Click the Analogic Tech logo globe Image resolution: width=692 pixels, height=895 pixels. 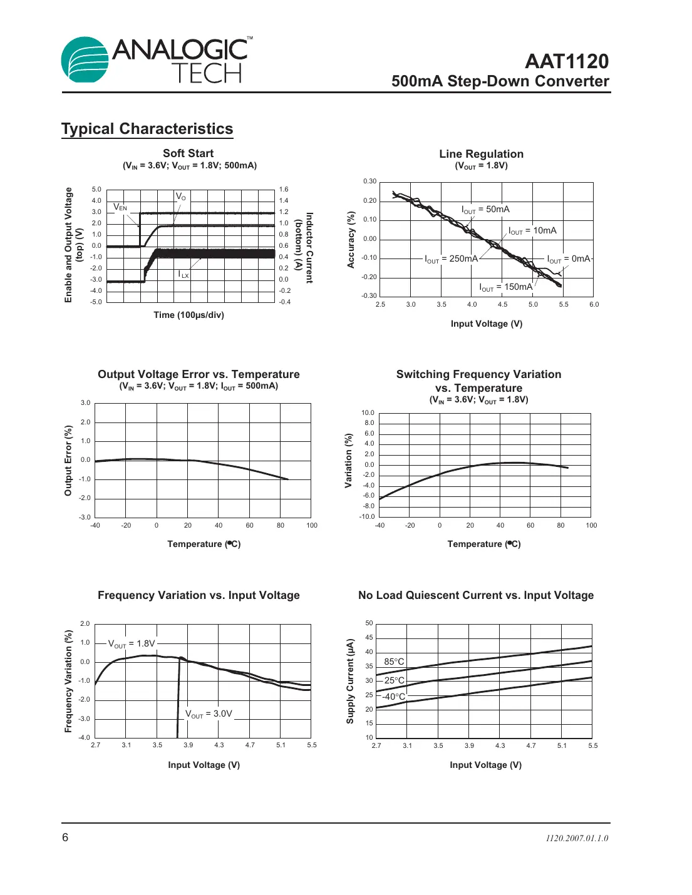85,59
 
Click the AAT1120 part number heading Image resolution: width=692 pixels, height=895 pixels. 566,61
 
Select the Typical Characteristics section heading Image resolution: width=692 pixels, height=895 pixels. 147,129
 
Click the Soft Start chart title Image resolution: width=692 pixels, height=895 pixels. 188,153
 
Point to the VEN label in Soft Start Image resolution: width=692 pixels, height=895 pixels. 120,207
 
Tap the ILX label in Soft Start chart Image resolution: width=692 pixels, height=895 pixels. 183,274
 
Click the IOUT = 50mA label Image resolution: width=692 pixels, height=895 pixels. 485,210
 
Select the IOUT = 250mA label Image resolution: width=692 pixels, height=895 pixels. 451,259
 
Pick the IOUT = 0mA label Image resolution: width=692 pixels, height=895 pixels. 568,259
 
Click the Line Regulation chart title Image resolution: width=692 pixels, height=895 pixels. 481,154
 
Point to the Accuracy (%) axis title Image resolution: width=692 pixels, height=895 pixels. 351,240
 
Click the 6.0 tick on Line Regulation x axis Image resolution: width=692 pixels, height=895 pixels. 594,305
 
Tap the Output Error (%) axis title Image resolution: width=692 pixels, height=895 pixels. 68,461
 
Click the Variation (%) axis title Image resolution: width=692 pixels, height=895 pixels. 349,461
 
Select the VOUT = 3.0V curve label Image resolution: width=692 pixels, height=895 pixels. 209,714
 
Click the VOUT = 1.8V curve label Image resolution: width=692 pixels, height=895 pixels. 132,644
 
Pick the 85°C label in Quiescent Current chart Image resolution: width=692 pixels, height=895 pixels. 394,662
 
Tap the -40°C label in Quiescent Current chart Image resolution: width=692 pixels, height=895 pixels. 394,697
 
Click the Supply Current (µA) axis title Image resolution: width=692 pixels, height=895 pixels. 350,681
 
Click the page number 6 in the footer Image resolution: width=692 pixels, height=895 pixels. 65,837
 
